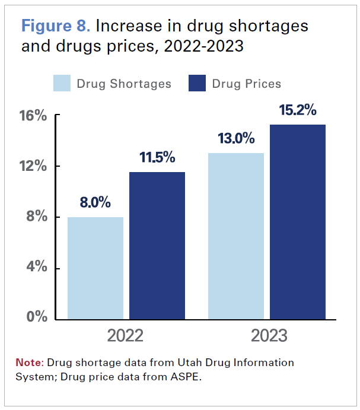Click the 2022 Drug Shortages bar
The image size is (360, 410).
click(x=95, y=268)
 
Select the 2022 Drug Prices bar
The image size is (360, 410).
click(x=157, y=246)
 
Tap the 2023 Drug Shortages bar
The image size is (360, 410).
click(x=236, y=236)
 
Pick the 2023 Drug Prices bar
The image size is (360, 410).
click(x=298, y=222)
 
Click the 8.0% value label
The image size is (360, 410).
click(x=95, y=202)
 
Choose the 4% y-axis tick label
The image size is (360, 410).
click(x=36, y=268)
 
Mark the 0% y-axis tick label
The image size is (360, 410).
click(x=36, y=317)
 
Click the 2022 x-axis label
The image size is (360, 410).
click(x=125, y=336)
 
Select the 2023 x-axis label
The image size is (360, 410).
click(x=268, y=336)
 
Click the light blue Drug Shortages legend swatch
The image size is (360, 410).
click(x=62, y=83)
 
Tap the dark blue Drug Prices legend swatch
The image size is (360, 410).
click(x=197, y=83)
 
